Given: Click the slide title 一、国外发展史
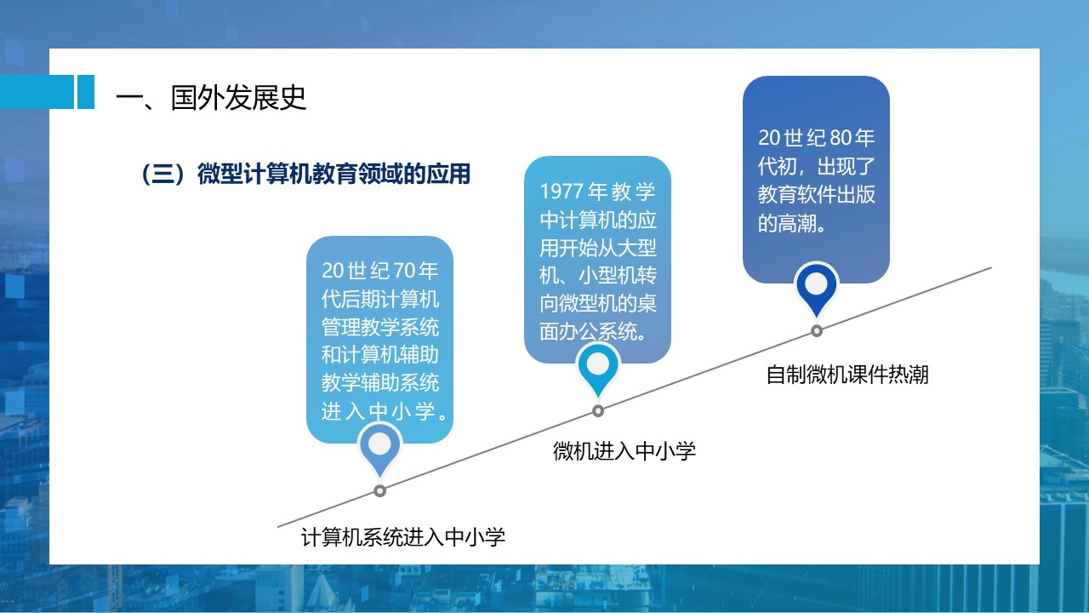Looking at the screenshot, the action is click(x=211, y=97).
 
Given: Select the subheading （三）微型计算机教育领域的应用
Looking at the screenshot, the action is click(x=305, y=174).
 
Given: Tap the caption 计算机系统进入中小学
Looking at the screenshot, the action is click(x=403, y=537).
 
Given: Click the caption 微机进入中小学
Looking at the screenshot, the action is click(x=624, y=451).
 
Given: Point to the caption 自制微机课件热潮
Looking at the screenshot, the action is click(x=847, y=375).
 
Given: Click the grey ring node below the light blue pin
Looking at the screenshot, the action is click(x=379, y=491).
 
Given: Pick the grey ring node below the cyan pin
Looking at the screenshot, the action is click(x=598, y=411).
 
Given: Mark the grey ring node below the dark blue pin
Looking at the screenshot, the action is click(x=817, y=331).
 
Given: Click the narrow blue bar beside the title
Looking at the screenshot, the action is click(x=86, y=92).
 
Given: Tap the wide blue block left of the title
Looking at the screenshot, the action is click(x=37, y=92).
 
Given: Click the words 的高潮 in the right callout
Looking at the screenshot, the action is click(x=787, y=223).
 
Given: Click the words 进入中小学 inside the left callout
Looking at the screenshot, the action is click(x=379, y=411).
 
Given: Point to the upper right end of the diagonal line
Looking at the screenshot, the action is click(x=991, y=267).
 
